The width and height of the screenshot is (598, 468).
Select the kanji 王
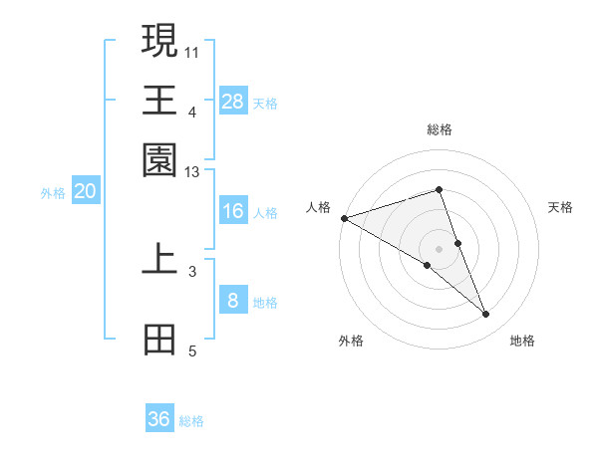click(x=159, y=100)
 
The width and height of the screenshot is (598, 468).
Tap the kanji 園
click(x=159, y=159)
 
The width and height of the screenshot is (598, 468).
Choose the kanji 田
click(x=159, y=339)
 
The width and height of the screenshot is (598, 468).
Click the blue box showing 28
click(x=233, y=102)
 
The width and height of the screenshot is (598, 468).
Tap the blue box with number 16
click(x=233, y=211)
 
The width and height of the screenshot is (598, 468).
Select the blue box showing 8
click(x=233, y=301)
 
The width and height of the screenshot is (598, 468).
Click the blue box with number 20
click(x=85, y=192)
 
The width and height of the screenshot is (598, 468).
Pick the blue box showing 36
click(x=159, y=419)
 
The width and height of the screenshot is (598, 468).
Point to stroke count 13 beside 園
click(x=192, y=173)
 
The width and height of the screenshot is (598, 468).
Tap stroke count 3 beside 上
click(x=192, y=270)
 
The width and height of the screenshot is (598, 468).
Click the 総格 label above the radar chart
click(x=439, y=129)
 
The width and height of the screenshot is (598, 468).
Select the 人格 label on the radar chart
click(x=318, y=207)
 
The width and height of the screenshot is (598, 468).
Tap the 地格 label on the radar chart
click(x=522, y=341)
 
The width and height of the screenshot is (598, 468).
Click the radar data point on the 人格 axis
click(x=344, y=218)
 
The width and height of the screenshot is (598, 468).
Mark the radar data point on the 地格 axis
click(x=486, y=315)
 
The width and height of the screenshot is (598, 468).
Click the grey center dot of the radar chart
click(x=439, y=248)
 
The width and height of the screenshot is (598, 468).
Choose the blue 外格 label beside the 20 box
click(x=52, y=193)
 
